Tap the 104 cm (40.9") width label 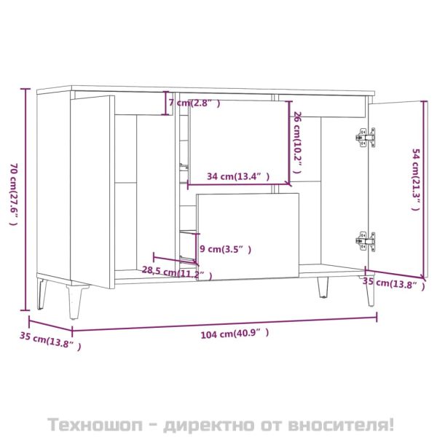pyautogui.click(x=231, y=333)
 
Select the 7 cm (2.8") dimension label pyautogui.click(x=194, y=103)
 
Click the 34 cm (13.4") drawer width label pyautogui.click(x=237, y=176)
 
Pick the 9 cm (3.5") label pyautogui.click(x=225, y=249)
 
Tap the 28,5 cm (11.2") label pyautogui.click(x=178, y=273)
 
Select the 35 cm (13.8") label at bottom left pyautogui.click(x=50, y=342)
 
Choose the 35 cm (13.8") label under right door pyautogui.click(x=393, y=284)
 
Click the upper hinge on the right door pyautogui.click(x=366, y=136)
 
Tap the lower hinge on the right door pyautogui.click(x=366, y=240)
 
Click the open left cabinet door pyautogui.click(x=91, y=189)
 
